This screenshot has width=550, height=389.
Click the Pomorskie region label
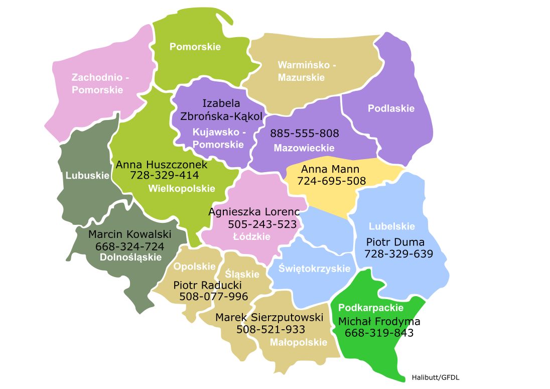click(x=195, y=47)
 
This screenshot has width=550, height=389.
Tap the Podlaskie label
click(x=391, y=108)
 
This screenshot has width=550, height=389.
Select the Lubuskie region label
click(x=87, y=175)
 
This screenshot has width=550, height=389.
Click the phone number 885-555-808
click(x=305, y=134)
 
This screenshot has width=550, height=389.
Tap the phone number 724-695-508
click(x=331, y=181)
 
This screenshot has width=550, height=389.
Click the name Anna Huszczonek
click(x=162, y=164)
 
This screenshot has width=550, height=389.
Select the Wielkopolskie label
click(x=182, y=189)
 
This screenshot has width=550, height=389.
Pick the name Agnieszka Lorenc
click(x=254, y=212)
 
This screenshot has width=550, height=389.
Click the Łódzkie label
click(x=252, y=236)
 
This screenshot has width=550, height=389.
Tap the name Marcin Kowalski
click(x=130, y=234)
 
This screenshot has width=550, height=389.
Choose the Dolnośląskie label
click(x=130, y=257)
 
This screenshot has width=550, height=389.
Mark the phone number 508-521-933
click(x=270, y=329)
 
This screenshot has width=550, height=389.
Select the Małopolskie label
click(x=298, y=342)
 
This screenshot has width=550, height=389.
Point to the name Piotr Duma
click(x=395, y=242)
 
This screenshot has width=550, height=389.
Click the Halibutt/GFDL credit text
click(x=435, y=377)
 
